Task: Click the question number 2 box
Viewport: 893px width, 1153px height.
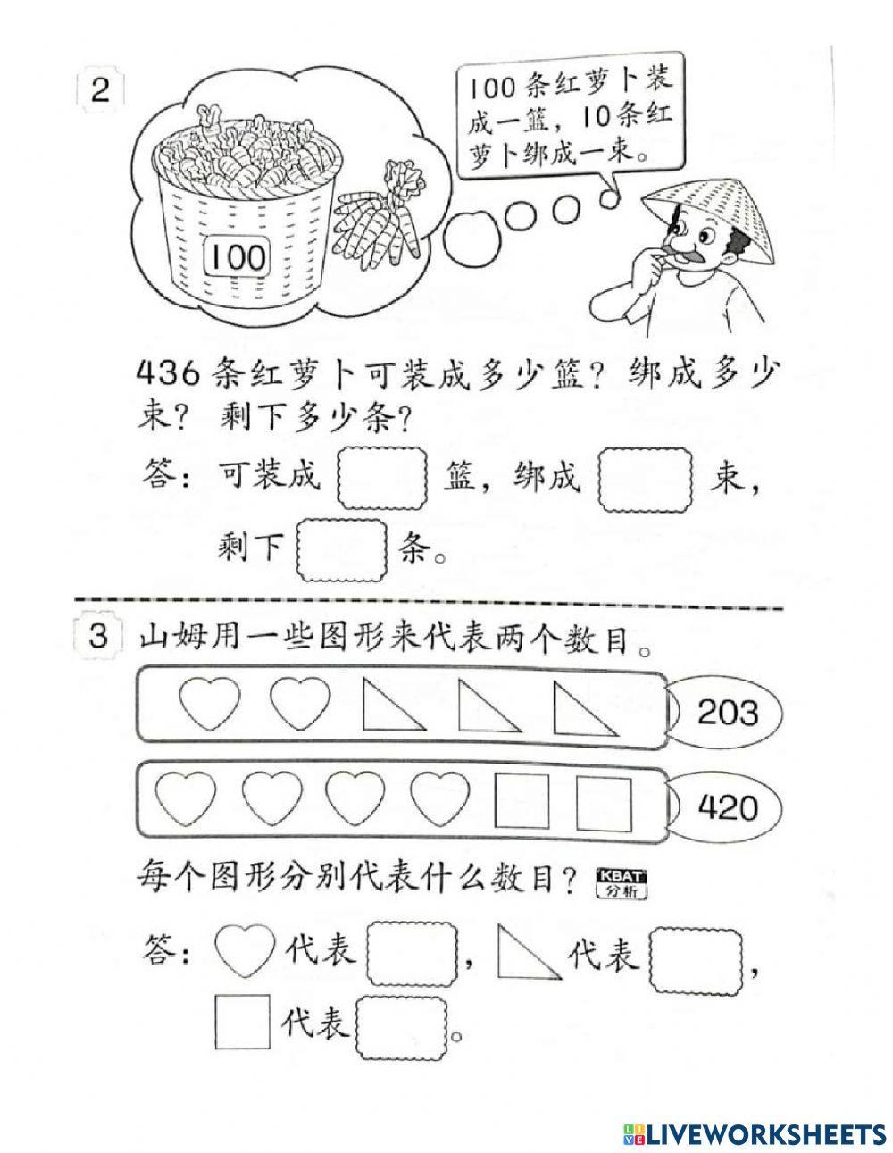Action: click(100, 91)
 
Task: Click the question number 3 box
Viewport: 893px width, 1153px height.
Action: click(100, 638)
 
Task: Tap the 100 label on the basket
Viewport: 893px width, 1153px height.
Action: click(239, 257)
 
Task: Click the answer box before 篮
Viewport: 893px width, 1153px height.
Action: click(382, 480)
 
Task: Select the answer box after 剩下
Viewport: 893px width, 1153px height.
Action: click(340, 550)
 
